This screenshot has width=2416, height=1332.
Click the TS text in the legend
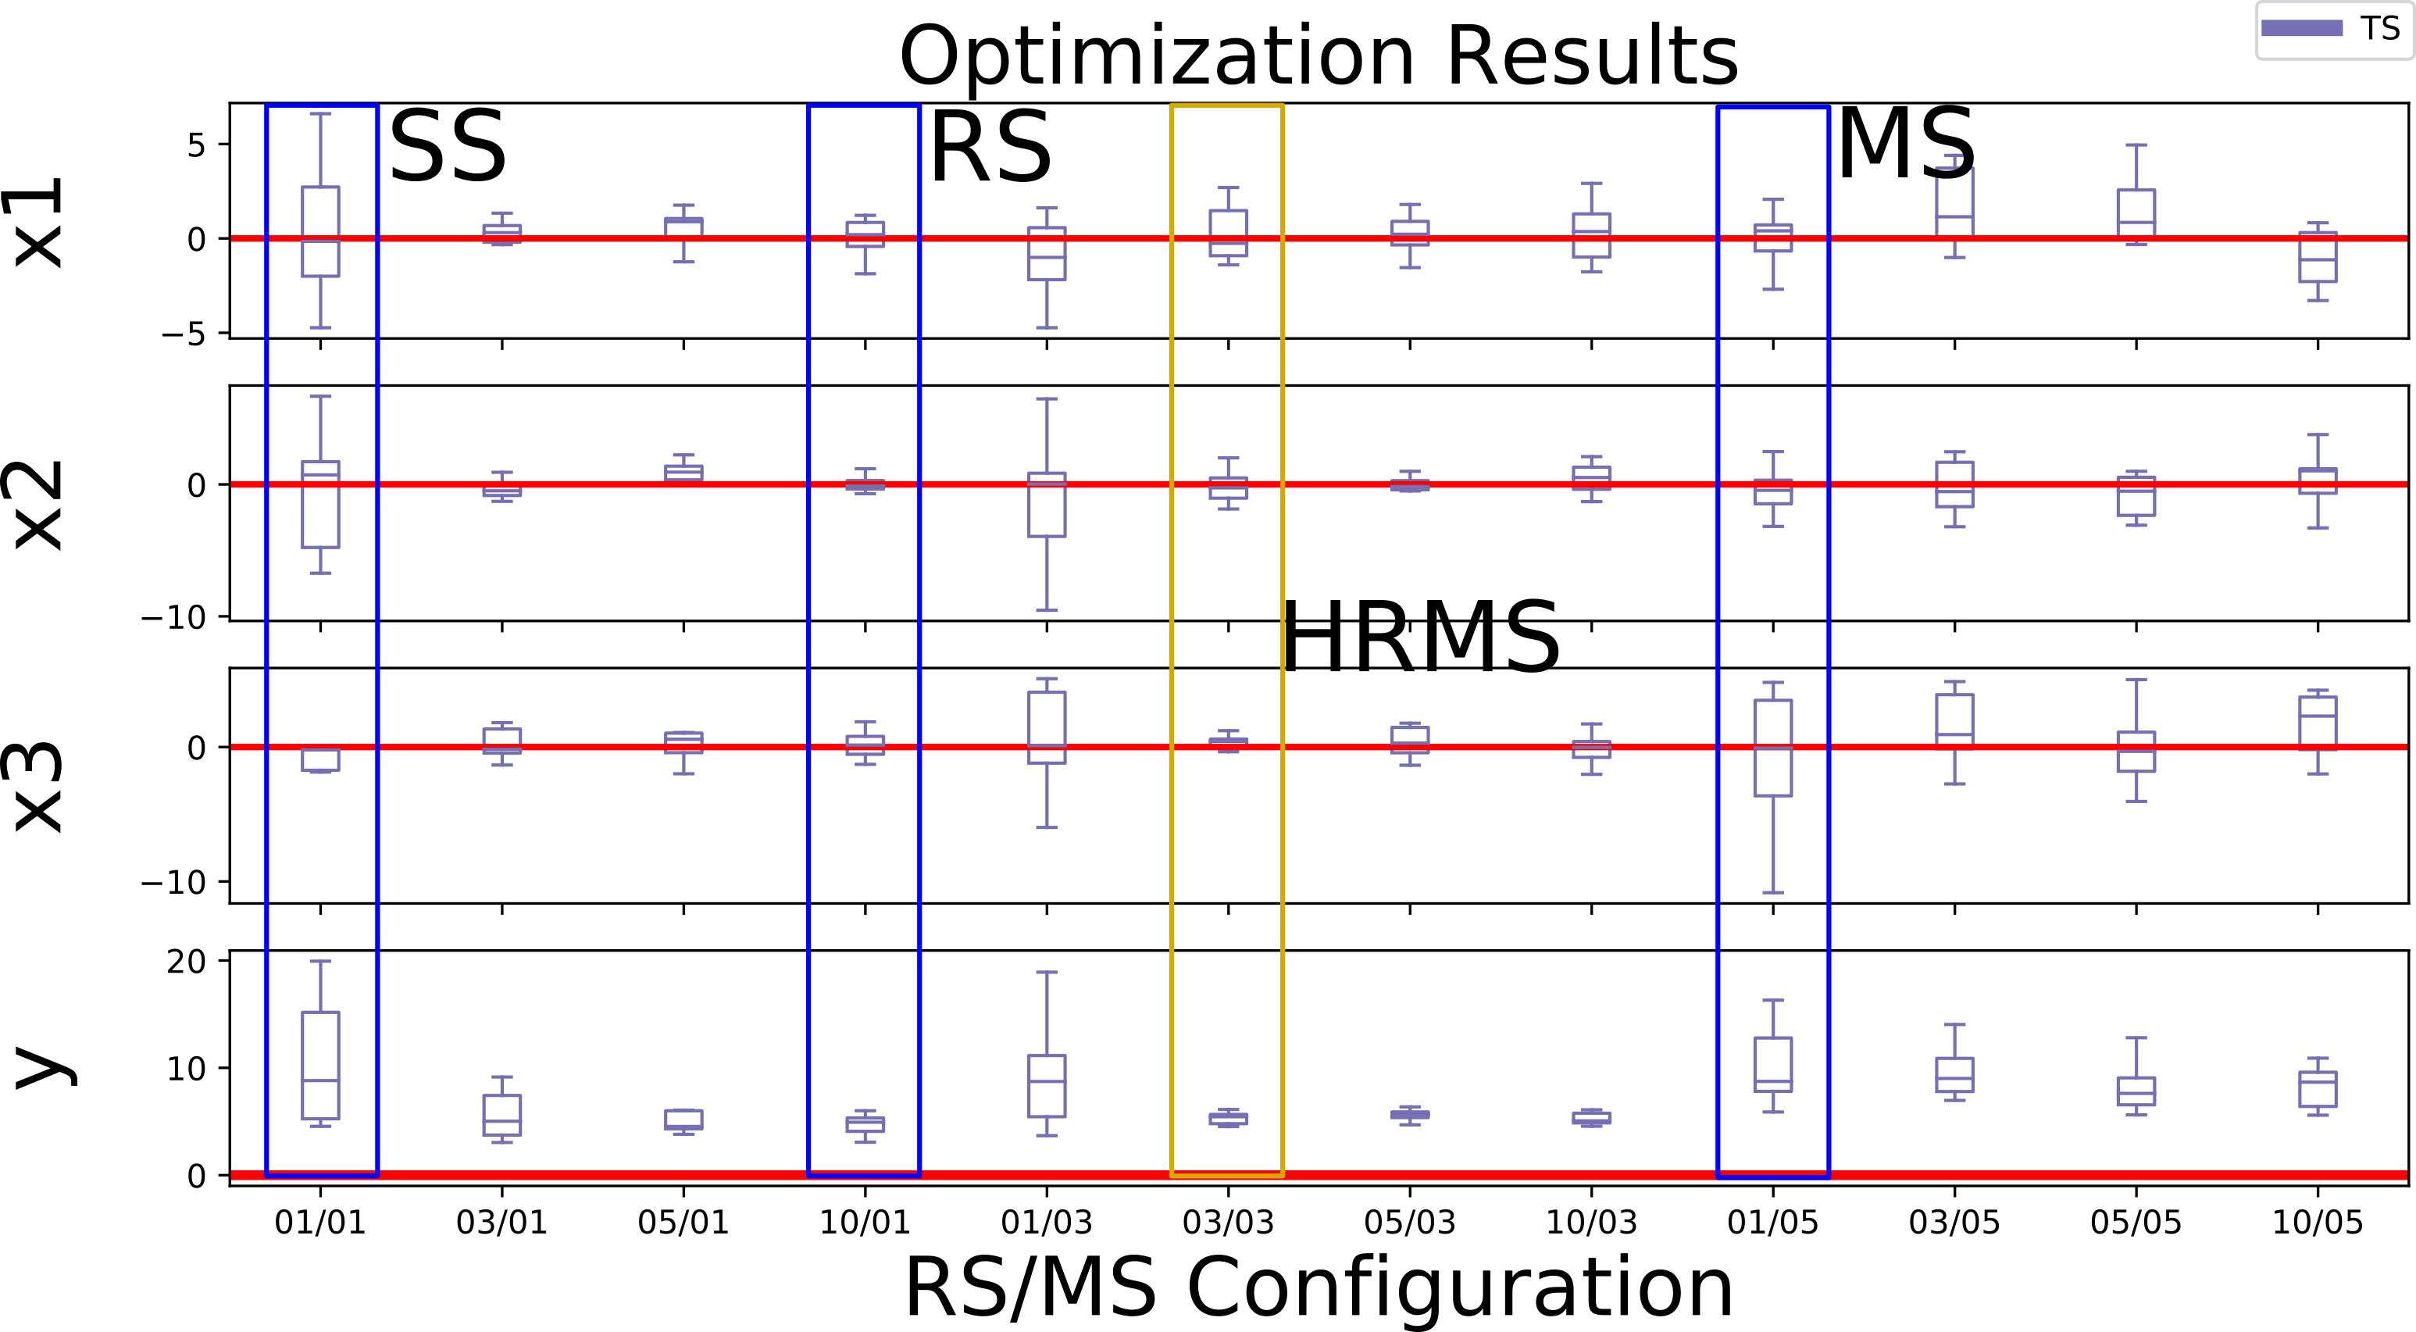(2380, 29)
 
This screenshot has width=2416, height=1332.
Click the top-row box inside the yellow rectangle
(1228, 233)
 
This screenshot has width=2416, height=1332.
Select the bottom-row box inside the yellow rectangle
(1228, 1118)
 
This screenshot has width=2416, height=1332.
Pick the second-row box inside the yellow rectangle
(1228, 487)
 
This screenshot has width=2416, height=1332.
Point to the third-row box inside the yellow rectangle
(1228, 742)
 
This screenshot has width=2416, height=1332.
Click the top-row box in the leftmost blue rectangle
(321, 232)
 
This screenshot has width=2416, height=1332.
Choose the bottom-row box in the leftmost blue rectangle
(321, 1066)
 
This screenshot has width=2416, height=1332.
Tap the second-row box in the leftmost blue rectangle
(321, 504)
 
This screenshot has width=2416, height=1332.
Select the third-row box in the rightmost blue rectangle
(1772, 748)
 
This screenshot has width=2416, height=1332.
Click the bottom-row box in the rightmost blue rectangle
(1772, 1065)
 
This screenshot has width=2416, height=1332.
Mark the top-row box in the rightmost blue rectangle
(1772, 237)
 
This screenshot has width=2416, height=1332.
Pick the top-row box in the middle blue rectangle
(865, 234)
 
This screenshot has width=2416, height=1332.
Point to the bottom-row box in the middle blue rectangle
(865, 1123)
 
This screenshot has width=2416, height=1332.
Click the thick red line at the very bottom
(1032, 1175)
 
